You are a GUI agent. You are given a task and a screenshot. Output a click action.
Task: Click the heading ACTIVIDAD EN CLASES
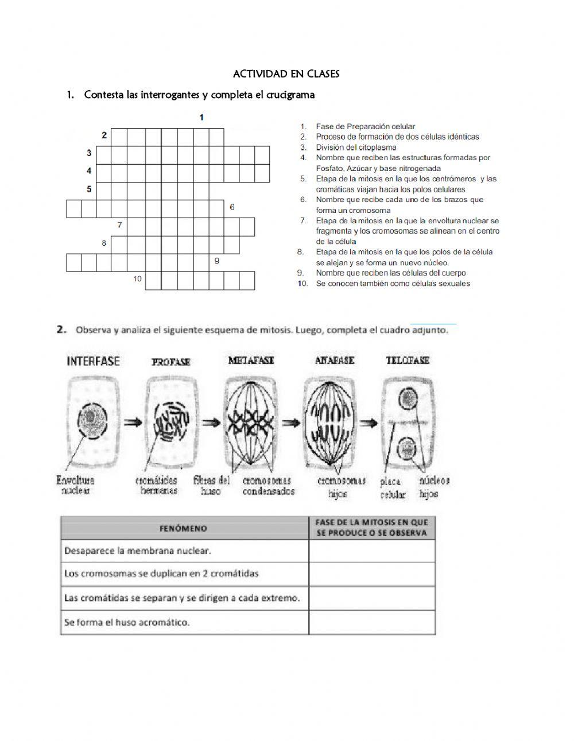[286, 74]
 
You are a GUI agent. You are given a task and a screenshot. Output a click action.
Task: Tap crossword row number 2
[104, 135]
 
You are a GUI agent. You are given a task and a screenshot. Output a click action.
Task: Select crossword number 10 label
[137, 279]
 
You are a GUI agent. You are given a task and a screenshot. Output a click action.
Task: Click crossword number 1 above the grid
[201, 118]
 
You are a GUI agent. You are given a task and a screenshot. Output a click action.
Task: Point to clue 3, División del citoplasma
[355, 148]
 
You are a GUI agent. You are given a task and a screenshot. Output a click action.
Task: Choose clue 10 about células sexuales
[392, 284]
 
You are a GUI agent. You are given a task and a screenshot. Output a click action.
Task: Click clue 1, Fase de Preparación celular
[365, 126]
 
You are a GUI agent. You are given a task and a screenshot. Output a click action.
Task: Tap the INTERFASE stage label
[94, 361]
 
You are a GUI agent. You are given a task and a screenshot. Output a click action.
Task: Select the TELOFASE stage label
[408, 360]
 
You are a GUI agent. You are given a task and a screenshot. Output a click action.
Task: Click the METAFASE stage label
[251, 360]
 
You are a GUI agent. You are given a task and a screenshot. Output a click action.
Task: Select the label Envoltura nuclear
[75, 486]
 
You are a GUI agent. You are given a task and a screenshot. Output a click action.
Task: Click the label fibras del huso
[212, 486]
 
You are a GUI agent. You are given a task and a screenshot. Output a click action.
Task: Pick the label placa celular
[392, 488]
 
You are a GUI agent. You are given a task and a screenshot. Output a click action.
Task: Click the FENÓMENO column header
[184, 528]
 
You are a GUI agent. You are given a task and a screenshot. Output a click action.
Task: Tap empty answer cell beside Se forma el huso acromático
[372, 622]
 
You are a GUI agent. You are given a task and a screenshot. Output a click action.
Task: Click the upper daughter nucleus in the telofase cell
[408, 397]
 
